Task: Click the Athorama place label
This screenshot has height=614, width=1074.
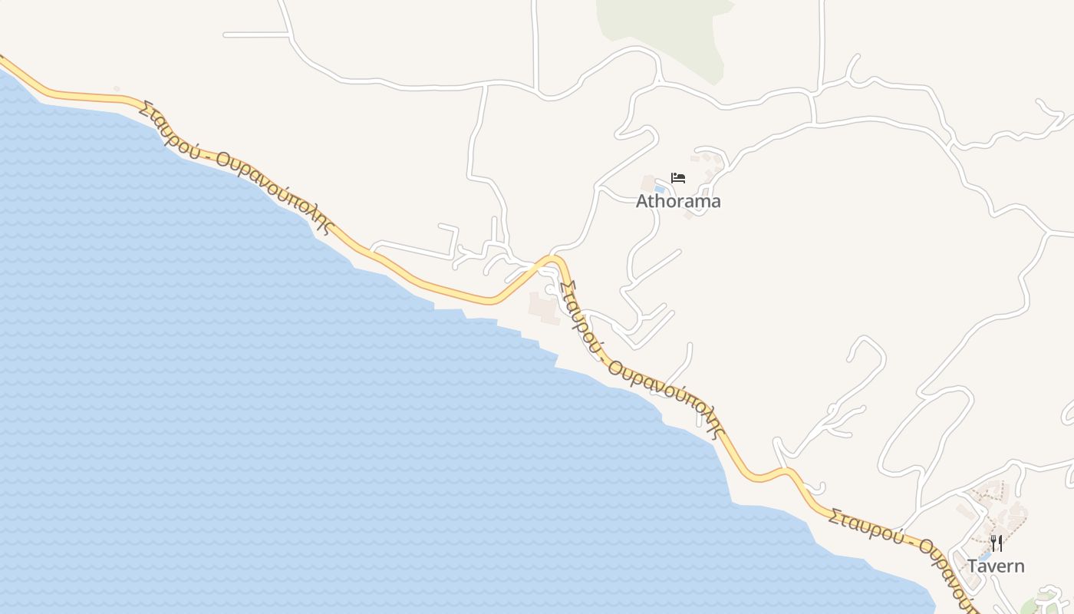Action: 678,201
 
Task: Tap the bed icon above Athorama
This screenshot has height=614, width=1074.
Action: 678,178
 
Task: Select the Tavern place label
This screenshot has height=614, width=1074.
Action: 995,566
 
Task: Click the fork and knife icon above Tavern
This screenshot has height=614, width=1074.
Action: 997,543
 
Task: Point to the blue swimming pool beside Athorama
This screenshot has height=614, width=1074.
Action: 659,188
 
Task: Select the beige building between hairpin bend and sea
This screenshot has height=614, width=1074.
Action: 545,307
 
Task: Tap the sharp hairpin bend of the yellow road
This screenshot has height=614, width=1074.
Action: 554,261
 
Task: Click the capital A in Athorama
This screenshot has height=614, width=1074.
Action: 643,201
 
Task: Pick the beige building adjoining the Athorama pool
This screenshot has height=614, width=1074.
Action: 648,183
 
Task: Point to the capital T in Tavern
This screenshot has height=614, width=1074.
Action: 973,566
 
